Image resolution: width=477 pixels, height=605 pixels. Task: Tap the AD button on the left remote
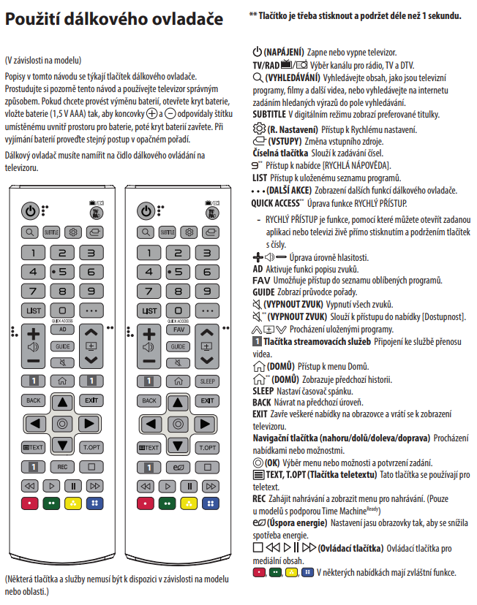(x=63, y=329)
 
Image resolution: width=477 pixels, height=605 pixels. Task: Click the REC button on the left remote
(x=63, y=466)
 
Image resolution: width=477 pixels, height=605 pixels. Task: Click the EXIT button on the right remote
(x=208, y=401)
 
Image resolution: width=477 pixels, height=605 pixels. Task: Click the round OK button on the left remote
(x=63, y=424)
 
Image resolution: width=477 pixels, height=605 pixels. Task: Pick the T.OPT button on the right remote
(x=208, y=446)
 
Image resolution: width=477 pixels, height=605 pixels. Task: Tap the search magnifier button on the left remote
(x=30, y=232)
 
